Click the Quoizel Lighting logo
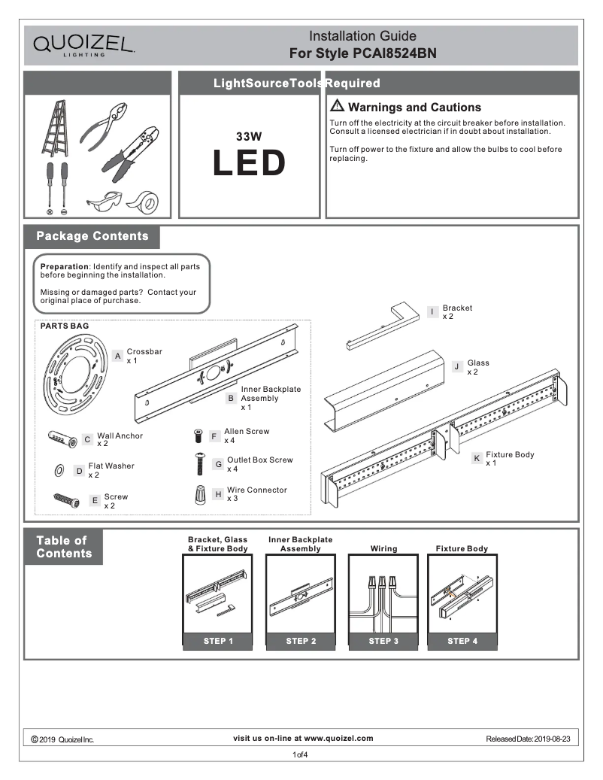pyautogui.click(x=83, y=44)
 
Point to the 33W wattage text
pyautogui.click(x=248, y=137)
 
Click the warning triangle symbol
pyautogui.click(x=337, y=106)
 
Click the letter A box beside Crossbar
pyautogui.click(x=118, y=355)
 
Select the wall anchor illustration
pyautogui.click(x=62, y=439)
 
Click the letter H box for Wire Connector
pyautogui.click(x=218, y=494)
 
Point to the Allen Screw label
pyautogui.click(x=247, y=431)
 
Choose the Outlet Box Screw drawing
pyautogui.click(x=200, y=464)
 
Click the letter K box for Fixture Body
pyautogui.click(x=477, y=458)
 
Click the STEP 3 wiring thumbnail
pyautogui.click(x=383, y=594)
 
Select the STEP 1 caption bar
pyautogui.click(x=218, y=641)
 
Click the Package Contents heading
pyautogui.click(x=92, y=236)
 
